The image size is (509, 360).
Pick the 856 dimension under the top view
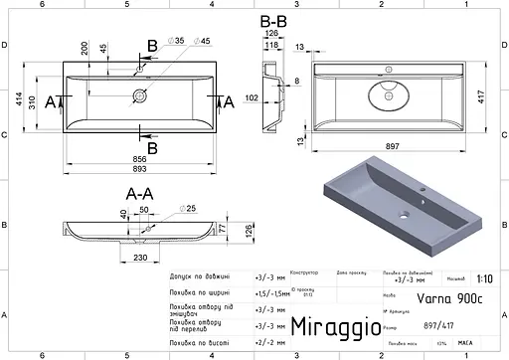[x=140, y=158]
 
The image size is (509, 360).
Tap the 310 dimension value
[x=32, y=101]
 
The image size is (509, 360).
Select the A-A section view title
[x=138, y=193]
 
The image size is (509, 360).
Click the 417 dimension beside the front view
[x=482, y=97]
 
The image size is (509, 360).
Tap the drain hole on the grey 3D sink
[x=405, y=215]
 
